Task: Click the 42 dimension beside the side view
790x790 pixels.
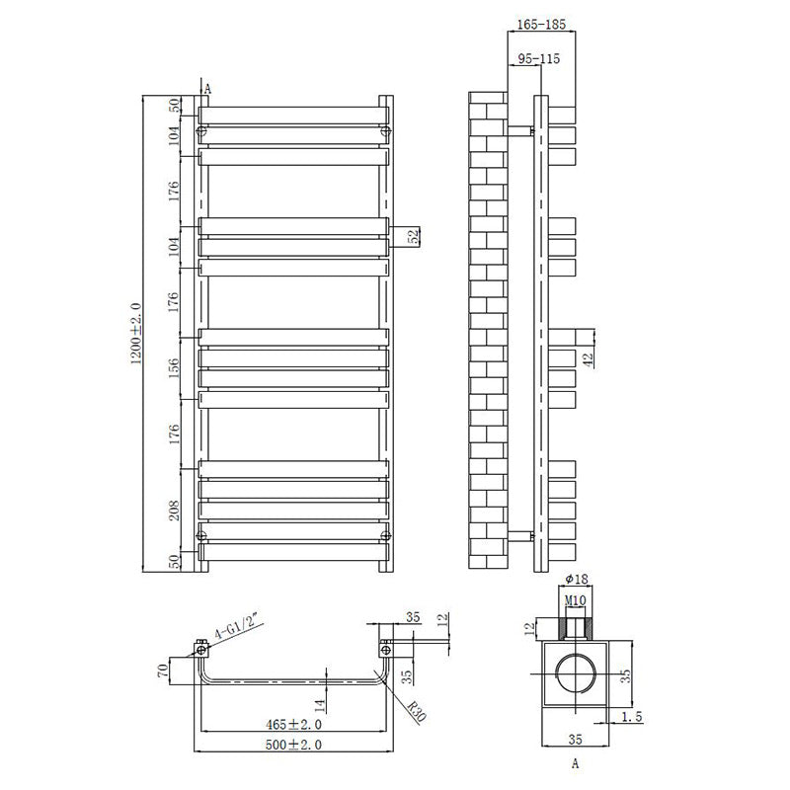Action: pos(588,359)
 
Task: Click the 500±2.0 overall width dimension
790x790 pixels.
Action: pos(292,744)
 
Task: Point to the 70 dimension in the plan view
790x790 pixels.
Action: pos(161,673)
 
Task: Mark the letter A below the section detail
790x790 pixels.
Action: pos(575,763)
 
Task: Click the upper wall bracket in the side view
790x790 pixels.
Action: pos(520,129)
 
